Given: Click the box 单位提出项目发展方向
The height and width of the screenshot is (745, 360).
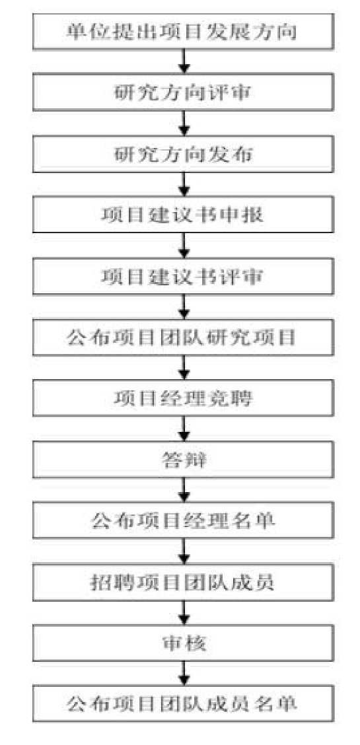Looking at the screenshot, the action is (183, 31).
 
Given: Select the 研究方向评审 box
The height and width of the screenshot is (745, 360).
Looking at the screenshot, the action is (183, 92).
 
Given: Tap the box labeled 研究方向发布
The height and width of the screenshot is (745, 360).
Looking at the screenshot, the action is (183, 154).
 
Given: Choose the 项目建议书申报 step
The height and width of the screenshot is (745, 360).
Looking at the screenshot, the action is (183, 215).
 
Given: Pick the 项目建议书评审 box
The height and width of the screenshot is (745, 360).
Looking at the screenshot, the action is (183, 277).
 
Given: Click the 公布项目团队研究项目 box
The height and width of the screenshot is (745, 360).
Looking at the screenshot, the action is (183, 337).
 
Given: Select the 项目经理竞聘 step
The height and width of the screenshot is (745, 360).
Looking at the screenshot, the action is (183, 399).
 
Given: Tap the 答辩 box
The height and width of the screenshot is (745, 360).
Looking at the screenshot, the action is (183, 460).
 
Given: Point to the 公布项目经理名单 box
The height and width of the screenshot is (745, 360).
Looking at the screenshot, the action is (183, 521).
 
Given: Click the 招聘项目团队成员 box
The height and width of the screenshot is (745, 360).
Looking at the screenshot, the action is (183, 583).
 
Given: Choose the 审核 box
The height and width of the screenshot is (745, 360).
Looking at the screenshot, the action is (183, 643).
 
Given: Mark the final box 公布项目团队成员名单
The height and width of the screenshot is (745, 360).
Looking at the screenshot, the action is (183, 704).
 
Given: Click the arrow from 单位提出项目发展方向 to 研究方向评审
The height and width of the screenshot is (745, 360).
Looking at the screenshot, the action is (184, 62).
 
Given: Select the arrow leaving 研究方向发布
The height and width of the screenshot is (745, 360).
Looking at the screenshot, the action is (184, 185).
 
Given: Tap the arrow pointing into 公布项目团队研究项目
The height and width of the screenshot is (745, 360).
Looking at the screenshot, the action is (184, 307).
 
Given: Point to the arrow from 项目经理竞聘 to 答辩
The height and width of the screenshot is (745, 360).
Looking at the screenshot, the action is (184, 429).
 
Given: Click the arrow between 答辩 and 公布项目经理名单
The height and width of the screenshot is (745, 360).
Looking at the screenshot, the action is (184, 490).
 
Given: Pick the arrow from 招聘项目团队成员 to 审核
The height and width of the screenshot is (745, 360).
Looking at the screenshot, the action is (184, 613).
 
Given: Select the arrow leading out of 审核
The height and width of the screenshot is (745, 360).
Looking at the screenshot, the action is (184, 674).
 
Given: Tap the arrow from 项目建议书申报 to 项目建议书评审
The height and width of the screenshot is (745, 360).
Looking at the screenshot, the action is (184, 246).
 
